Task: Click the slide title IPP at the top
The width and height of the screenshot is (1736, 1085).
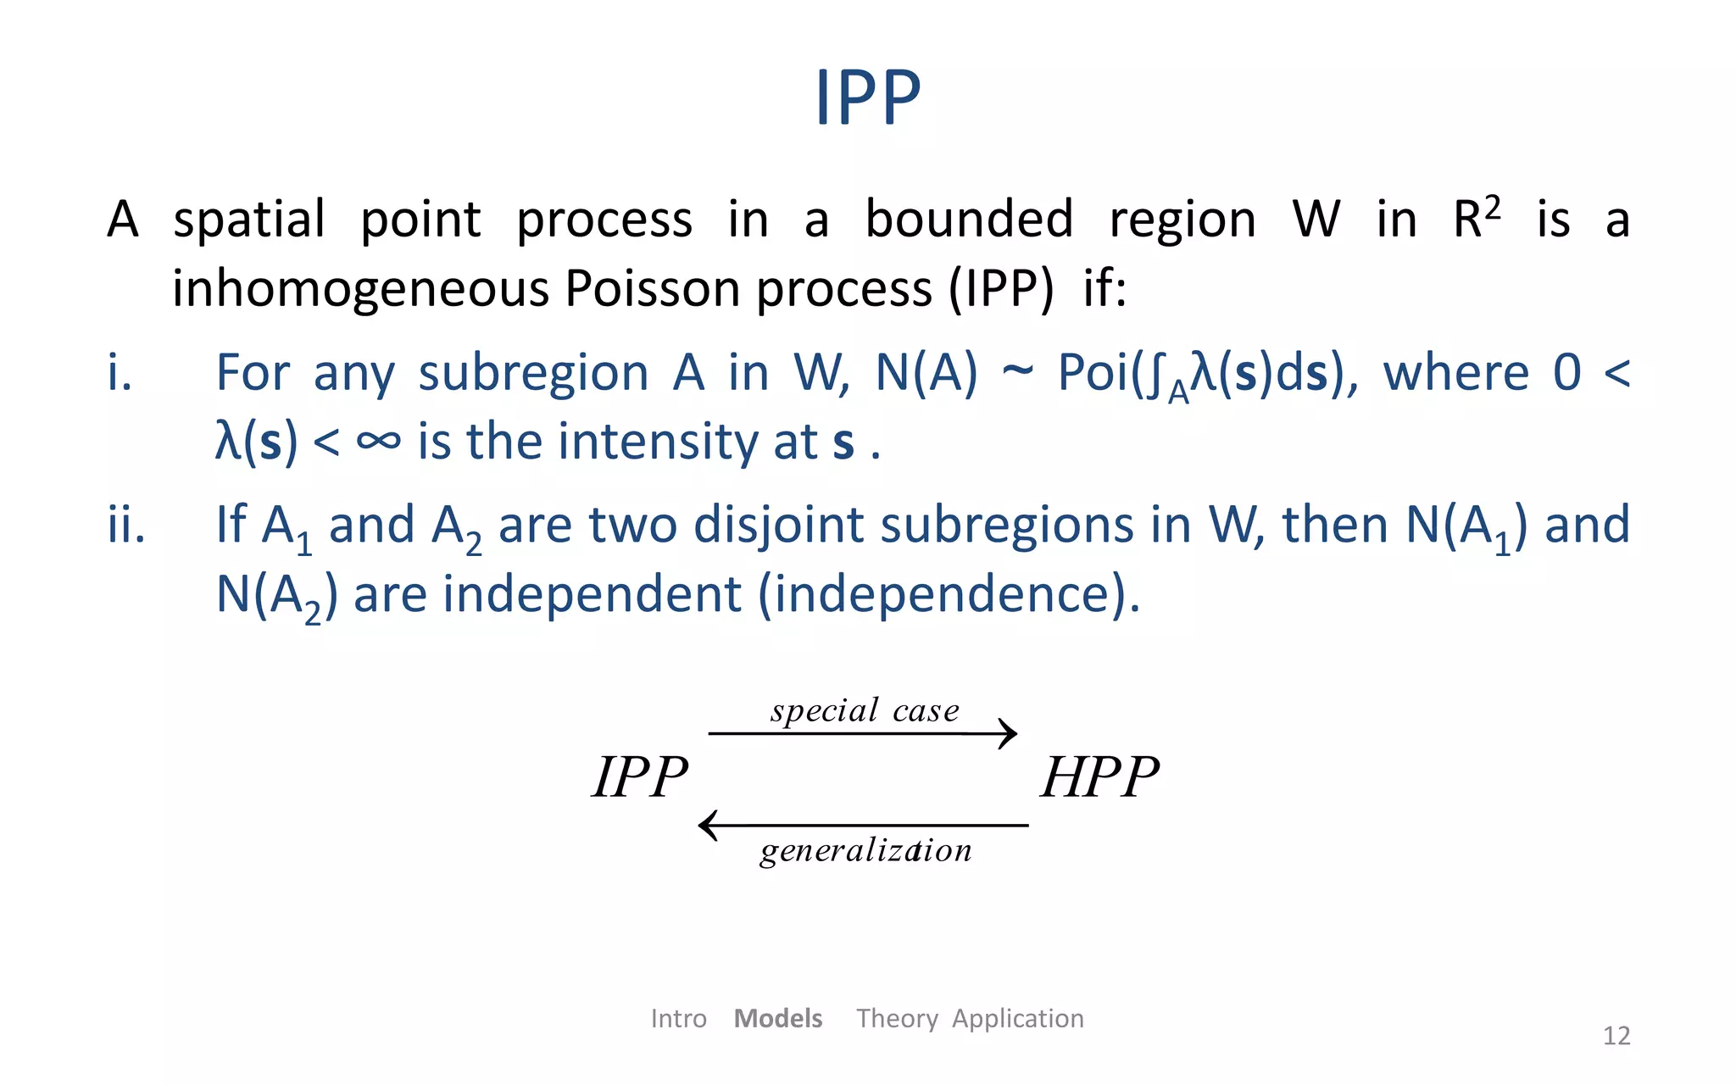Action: tap(867, 97)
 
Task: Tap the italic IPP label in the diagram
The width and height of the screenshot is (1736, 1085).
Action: tap(640, 776)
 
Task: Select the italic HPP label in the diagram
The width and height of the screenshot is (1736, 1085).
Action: tap(1099, 776)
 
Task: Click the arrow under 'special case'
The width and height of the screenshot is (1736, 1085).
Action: tap(862, 733)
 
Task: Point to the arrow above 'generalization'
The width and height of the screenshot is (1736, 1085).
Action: tap(863, 825)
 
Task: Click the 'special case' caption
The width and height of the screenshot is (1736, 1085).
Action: tap(865, 710)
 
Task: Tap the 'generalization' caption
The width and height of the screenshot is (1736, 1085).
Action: tap(865, 850)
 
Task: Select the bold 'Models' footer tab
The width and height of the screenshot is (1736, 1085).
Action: tap(777, 1018)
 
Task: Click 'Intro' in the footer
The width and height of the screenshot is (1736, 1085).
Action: tap(678, 1018)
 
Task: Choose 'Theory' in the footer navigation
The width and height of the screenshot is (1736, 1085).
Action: tap(897, 1018)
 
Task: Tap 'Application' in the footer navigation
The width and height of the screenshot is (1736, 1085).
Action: tap(1017, 1018)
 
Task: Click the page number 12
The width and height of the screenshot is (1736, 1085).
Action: tap(1616, 1036)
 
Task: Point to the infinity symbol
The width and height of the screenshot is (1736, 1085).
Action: tap(378, 441)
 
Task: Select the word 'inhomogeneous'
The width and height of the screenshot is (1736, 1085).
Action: tap(361, 289)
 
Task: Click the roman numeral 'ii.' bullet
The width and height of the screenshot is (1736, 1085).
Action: tap(126, 525)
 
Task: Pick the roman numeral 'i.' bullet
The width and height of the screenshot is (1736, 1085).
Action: tap(120, 373)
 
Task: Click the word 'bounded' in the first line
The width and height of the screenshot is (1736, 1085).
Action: tap(969, 220)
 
